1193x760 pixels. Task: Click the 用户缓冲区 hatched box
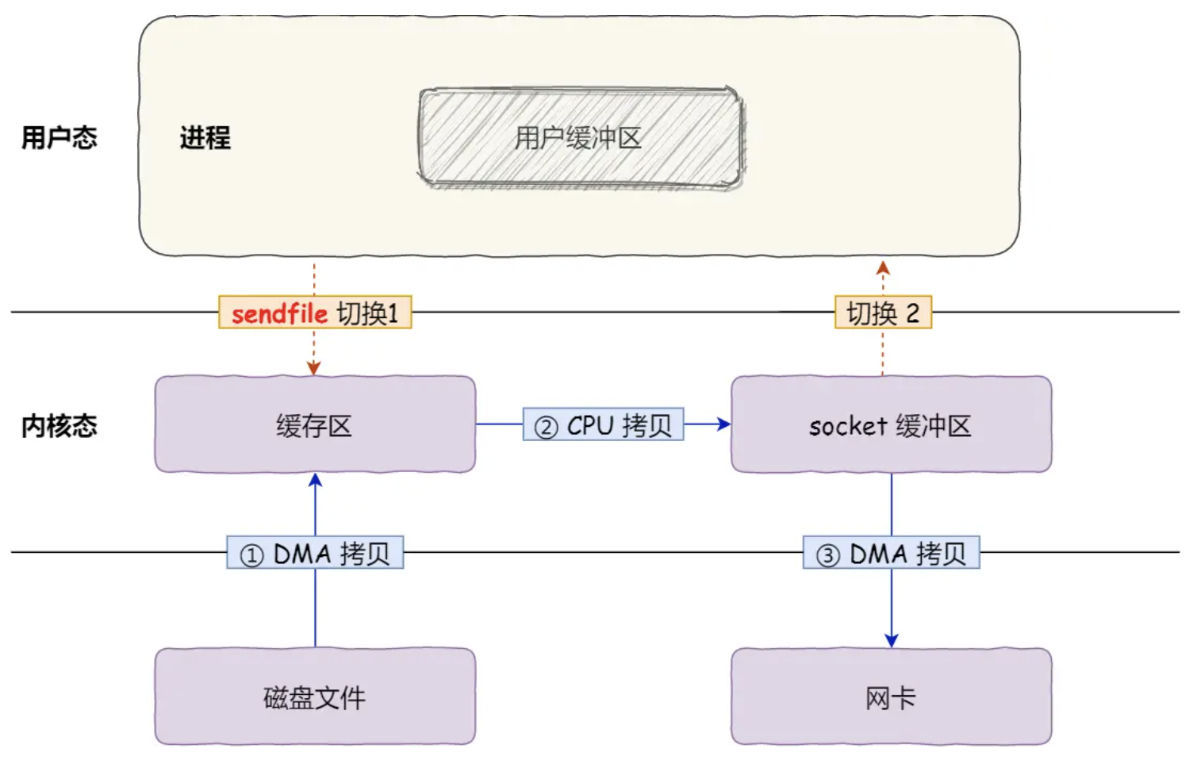coord(580,138)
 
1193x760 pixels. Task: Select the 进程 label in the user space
coord(205,138)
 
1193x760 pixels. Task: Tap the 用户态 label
coord(59,138)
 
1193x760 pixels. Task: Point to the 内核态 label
coord(59,426)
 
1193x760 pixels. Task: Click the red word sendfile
coord(279,313)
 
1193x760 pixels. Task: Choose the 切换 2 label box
coord(883,313)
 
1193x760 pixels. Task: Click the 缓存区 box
coord(315,425)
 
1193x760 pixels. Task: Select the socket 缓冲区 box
coord(891,425)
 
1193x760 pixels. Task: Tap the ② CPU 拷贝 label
coord(603,425)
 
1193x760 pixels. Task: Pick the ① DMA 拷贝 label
coord(315,553)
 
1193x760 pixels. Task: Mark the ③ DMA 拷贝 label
coord(891,553)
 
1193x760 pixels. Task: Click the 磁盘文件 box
coord(315,697)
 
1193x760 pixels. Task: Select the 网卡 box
coord(891,697)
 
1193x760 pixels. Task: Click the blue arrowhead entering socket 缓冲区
coord(723,424)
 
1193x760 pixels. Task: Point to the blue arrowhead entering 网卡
coord(891,640)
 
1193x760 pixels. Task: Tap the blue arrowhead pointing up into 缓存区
coord(315,481)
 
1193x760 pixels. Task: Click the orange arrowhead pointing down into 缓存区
coord(314,368)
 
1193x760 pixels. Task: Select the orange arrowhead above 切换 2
coord(883,269)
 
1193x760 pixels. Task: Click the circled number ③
coord(827,555)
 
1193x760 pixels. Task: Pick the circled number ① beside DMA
coord(251,555)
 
